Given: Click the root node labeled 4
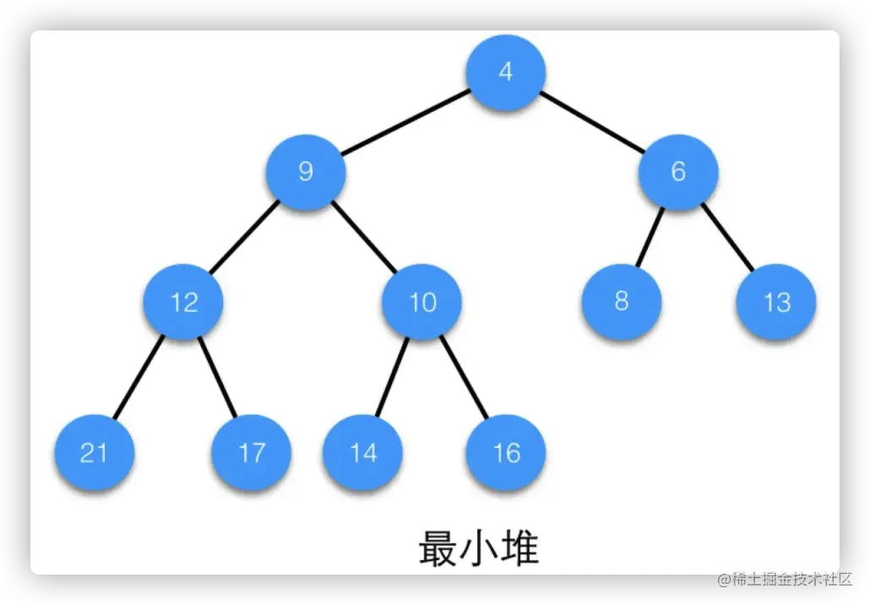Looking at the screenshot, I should (505, 72).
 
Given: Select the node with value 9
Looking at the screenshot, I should (306, 172).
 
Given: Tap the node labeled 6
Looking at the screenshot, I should (678, 172).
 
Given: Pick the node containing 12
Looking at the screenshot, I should (184, 302).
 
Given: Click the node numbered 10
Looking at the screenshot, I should (422, 302).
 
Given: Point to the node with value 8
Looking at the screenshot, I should (622, 302).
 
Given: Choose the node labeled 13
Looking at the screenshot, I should (776, 302).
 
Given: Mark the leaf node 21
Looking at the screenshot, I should (94, 453).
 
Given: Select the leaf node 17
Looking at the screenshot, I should (252, 453).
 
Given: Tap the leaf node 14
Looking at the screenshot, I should (363, 453).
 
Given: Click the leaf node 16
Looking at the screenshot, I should (506, 453).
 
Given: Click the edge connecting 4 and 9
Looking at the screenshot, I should (405, 122).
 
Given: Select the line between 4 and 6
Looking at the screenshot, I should (591, 122).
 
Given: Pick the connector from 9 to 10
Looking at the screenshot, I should (364, 237).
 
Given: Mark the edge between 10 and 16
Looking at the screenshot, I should (465, 377).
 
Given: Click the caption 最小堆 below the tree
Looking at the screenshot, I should (478, 548).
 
